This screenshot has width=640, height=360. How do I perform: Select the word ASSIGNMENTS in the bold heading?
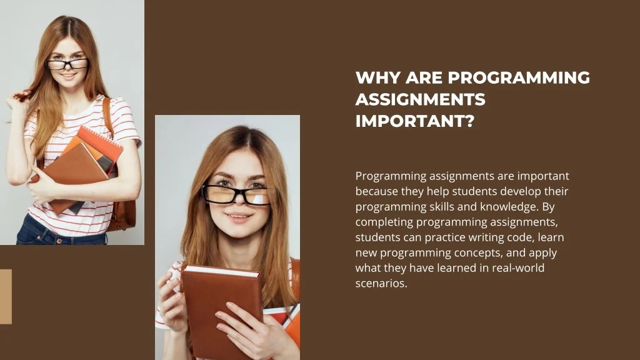click(420, 99)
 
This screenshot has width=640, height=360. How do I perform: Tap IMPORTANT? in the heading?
click(414, 121)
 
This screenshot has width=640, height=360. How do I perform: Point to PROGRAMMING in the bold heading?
click(519, 78)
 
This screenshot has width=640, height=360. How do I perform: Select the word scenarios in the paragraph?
click(380, 283)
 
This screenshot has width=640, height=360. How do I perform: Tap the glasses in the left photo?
click(67, 64)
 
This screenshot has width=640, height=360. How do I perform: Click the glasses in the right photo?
click(236, 194)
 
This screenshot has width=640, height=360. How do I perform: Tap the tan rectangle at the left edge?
click(6, 296)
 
